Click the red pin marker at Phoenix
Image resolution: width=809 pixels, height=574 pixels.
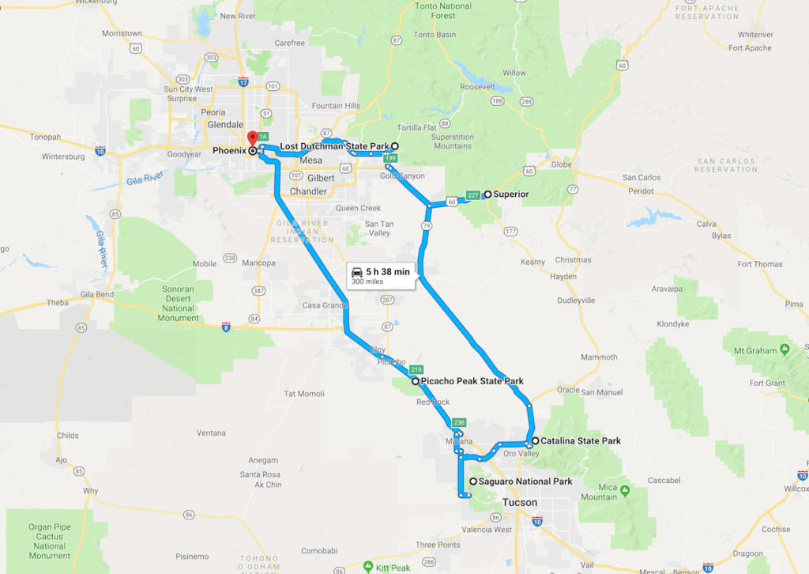click(x=253, y=137)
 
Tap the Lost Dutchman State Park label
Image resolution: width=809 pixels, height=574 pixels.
click(x=334, y=146)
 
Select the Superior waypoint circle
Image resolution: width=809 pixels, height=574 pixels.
click(x=487, y=194)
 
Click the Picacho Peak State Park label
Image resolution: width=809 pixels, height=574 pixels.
click(x=472, y=381)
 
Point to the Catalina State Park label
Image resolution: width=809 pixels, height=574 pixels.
click(x=581, y=441)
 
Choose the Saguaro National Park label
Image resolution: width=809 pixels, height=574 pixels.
click(x=525, y=481)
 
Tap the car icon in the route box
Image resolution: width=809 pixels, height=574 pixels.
click(x=357, y=272)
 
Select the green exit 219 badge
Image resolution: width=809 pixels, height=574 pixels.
click(x=416, y=369)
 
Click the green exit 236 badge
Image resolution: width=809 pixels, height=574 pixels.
click(x=459, y=422)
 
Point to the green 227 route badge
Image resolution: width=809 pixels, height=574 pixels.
click(x=473, y=195)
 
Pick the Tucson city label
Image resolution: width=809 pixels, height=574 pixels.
click(x=520, y=503)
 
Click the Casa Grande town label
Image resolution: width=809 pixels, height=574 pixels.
click(x=325, y=305)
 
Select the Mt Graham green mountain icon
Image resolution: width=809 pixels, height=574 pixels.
click(x=784, y=349)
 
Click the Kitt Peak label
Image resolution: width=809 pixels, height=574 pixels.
click(x=394, y=568)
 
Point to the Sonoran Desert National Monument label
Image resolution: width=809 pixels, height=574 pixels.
click(x=178, y=304)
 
